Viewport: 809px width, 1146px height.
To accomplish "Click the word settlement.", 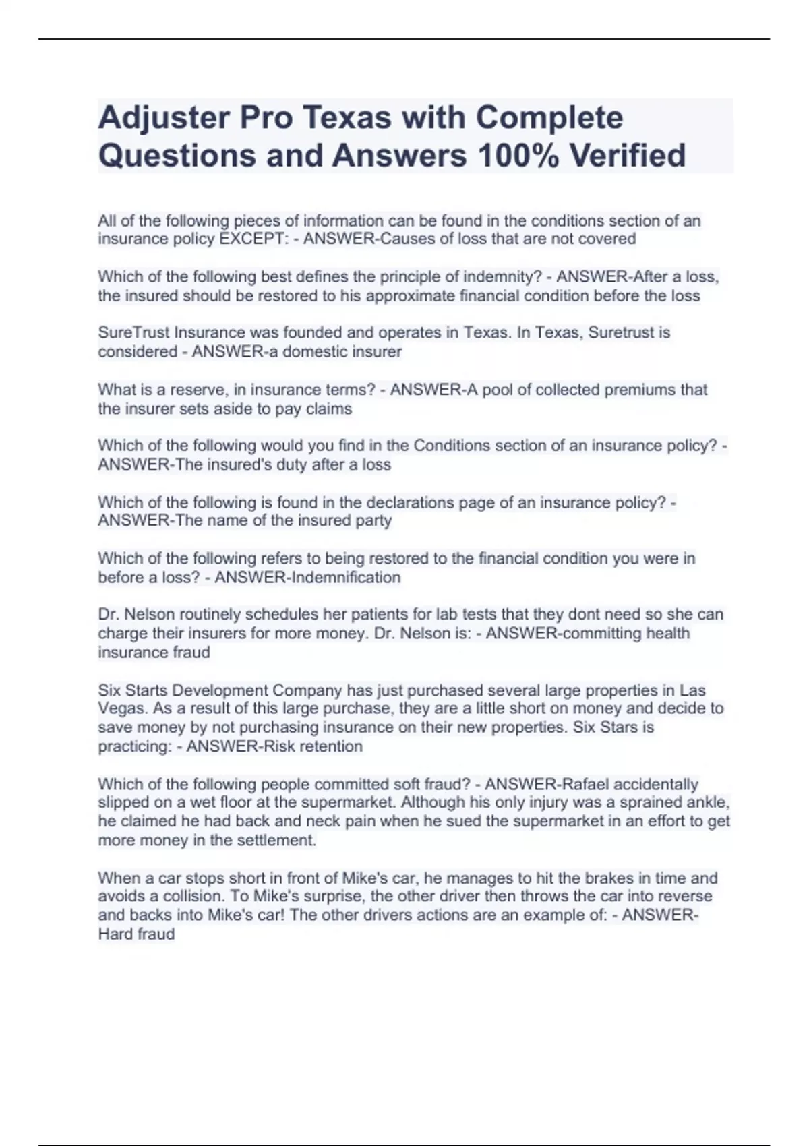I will (276, 841).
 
